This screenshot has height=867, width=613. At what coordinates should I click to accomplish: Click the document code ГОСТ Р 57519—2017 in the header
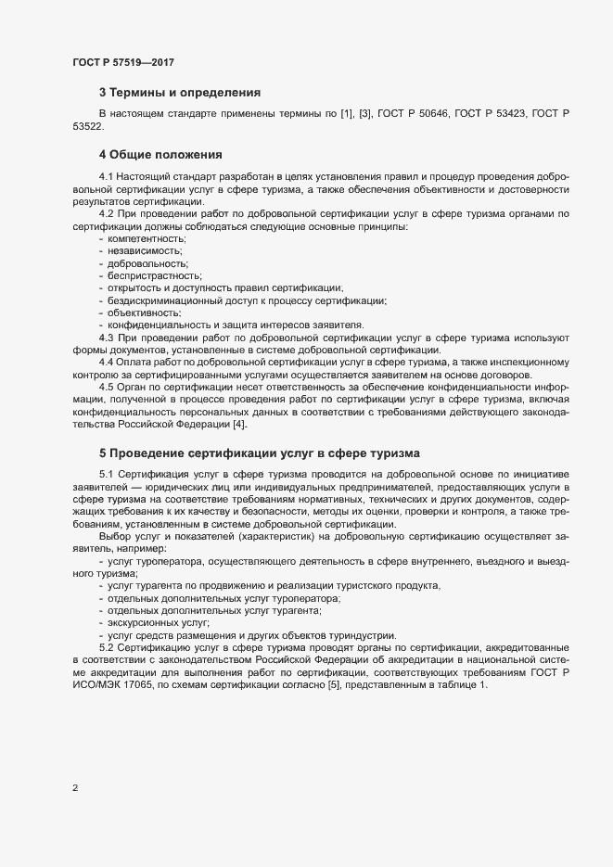pyautogui.click(x=123, y=62)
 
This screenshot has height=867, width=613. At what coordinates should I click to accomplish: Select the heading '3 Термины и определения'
pyautogui.click(x=179, y=93)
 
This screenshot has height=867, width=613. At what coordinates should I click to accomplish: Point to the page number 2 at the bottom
pyautogui.click(x=75, y=788)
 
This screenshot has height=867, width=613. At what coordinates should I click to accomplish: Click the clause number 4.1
pyautogui.click(x=107, y=175)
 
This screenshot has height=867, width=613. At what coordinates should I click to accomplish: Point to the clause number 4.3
pyautogui.click(x=107, y=337)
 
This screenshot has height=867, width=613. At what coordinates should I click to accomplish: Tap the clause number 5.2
pyautogui.click(x=107, y=646)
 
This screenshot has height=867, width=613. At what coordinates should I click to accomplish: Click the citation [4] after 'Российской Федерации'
pyautogui.click(x=241, y=424)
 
